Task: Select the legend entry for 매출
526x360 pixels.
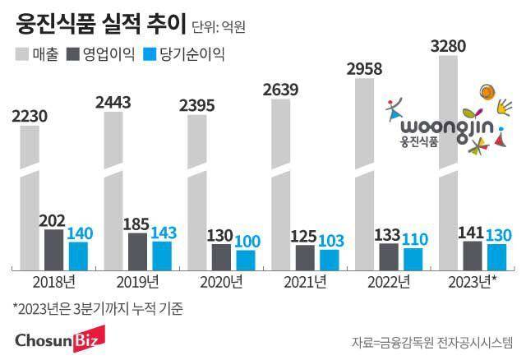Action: (x=38, y=55)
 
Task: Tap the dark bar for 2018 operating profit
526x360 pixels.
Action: (x=53, y=250)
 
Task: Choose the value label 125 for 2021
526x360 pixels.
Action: (x=303, y=237)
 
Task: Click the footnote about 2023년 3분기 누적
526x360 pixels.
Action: (x=98, y=310)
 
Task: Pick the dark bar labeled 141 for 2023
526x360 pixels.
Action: (x=473, y=255)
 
